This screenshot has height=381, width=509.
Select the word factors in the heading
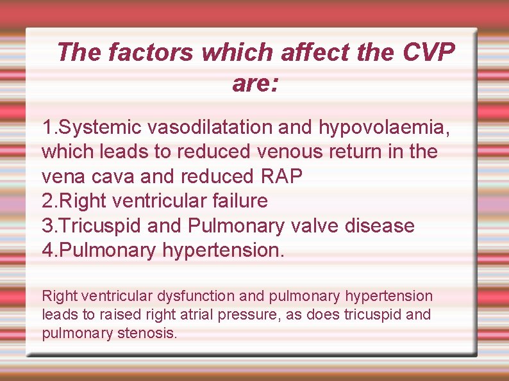click(151, 52)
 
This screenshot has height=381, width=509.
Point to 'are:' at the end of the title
click(255, 83)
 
